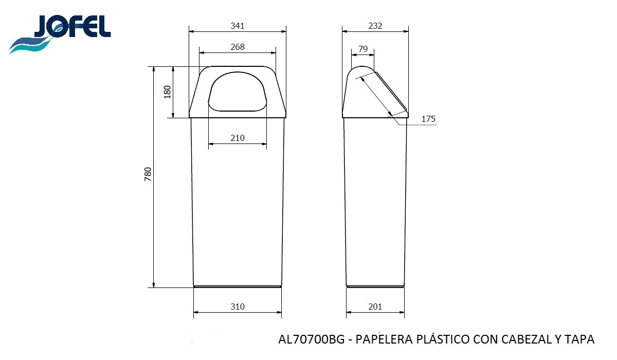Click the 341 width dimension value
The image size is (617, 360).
(x=238, y=26)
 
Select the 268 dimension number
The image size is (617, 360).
(x=238, y=47)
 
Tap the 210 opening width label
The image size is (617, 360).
(x=238, y=138)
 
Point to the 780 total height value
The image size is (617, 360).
(x=148, y=174)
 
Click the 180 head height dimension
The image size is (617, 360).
(x=168, y=92)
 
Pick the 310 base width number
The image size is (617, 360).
(x=238, y=307)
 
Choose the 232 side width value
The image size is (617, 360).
(x=375, y=26)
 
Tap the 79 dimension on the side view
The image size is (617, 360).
(x=363, y=49)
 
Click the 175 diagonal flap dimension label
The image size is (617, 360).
(x=428, y=119)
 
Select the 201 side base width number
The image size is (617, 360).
(x=375, y=307)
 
